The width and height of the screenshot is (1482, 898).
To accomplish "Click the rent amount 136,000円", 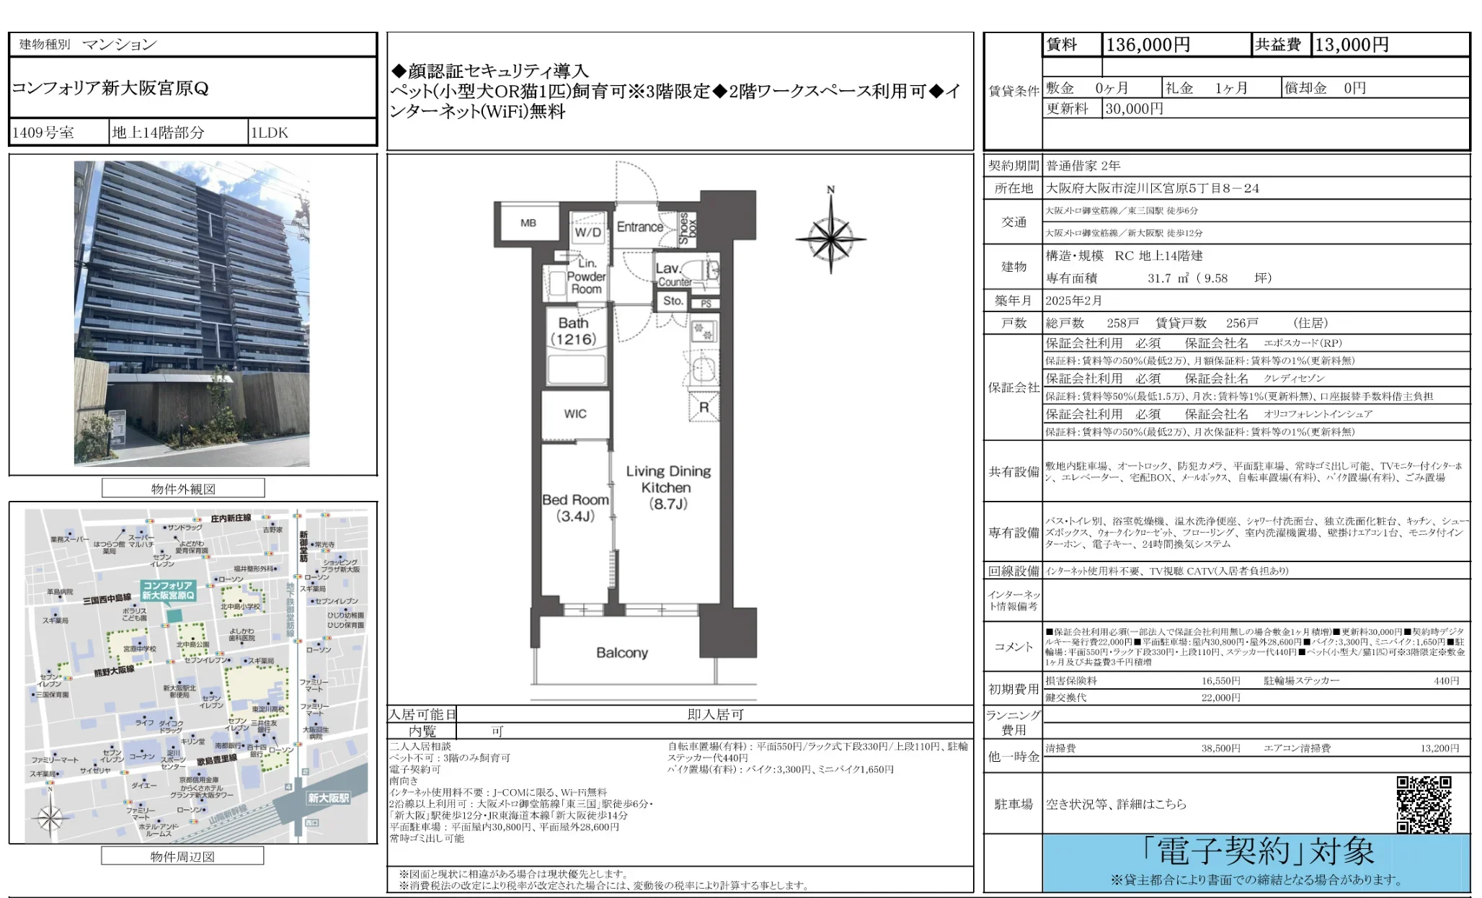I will (x=1148, y=45).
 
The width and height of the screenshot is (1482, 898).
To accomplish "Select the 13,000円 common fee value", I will (x=1352, y=45).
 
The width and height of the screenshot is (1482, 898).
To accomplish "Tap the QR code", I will (x=1424, y=804).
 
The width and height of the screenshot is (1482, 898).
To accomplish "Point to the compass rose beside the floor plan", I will (x=830, y=237).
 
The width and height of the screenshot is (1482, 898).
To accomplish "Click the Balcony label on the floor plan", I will (x=621, y=653).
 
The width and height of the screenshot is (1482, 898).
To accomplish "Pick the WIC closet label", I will (x=575, y=414).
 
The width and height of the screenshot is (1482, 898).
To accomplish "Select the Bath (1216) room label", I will (x=574, y=332).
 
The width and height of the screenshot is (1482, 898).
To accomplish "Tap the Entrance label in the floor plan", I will (x=639, y=227).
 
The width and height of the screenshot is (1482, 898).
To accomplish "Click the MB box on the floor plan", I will (x=528, y=223).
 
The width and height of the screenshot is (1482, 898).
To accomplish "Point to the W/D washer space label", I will (x=587, y=232).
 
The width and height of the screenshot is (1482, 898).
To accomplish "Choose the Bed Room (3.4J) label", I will (x=575, y=507).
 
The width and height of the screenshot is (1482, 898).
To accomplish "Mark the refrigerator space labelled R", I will (x=704, y=408).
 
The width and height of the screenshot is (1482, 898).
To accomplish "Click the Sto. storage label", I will (x=673, y=301).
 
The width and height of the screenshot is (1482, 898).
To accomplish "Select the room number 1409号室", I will (x=43, y=133).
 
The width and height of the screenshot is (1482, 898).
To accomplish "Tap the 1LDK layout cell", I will (x=269, y=133).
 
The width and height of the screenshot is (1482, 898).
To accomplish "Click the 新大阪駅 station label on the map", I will (x=328, y=798).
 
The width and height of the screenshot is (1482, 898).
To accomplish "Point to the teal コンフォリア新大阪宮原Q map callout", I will (x=168, y=590).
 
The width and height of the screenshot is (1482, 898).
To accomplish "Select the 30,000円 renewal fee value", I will (x=1134, y=109).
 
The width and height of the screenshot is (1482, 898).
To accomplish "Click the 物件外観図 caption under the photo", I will (x=183, y=489).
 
